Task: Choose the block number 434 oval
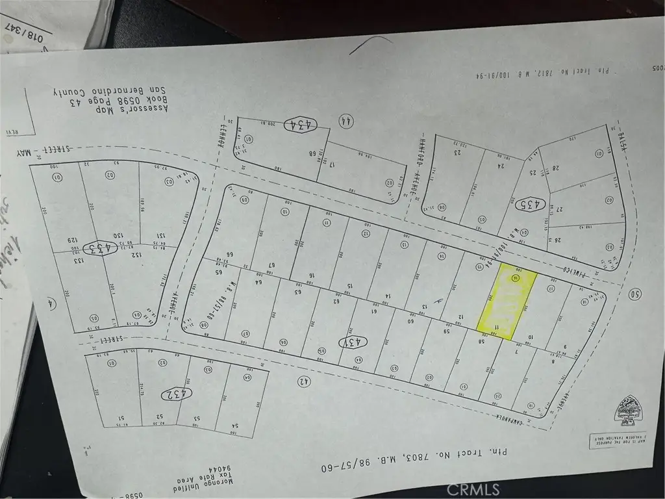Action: click(x=300, y=123)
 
